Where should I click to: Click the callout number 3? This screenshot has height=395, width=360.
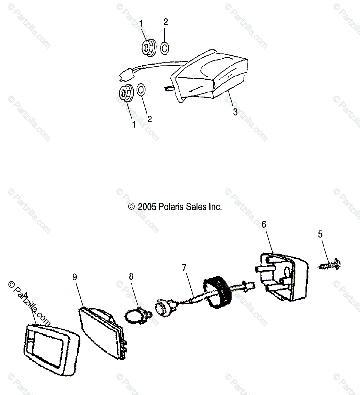click(235, 112)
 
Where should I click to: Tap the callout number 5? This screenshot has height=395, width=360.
click(320, 234)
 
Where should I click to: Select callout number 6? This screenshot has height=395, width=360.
click(264, 224)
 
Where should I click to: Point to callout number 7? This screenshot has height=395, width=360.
click(184, 268)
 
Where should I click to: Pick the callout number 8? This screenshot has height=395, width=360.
click(131, 276)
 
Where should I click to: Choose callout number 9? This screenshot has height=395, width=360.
click(75, 277)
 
